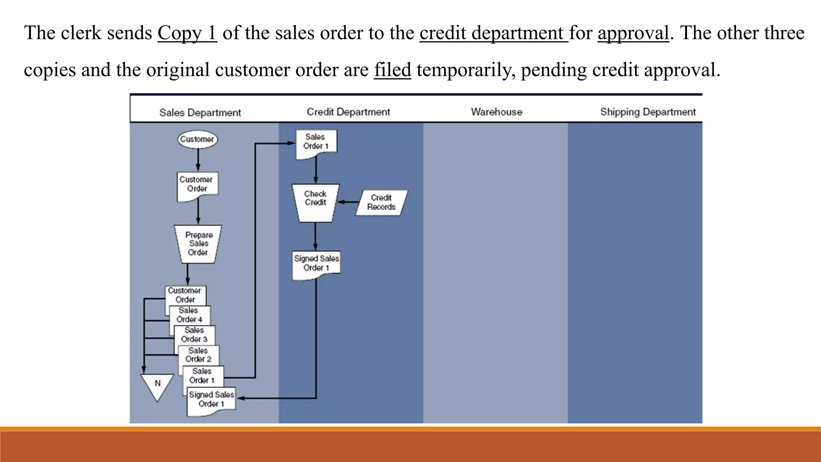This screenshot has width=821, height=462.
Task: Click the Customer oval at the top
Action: coord(197,139)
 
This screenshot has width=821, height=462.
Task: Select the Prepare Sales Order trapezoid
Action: coord(198,244)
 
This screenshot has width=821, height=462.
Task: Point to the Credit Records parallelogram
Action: coord(381,203)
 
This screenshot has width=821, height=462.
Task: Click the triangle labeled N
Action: coord(158,385)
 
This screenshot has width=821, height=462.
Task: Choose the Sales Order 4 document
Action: coord(190,315)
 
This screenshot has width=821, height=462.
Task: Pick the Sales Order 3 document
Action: coord(194,335)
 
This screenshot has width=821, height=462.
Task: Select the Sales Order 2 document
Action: coord(198,355)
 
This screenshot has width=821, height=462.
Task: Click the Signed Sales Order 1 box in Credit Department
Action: coord(316,263)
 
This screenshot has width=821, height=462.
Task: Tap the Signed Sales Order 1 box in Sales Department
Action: coord(212,400)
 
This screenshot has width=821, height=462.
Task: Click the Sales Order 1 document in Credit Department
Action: coord(316,142)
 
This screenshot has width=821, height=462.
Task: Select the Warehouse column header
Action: coord(496,112)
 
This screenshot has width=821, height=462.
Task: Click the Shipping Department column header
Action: coord(648,112)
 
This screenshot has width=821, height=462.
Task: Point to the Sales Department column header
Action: coord(200,113)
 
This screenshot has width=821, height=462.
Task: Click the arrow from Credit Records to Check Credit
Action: coord(348,202)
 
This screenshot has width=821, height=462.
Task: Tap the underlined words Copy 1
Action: coord(187,33)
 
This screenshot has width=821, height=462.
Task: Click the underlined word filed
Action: coord(392,70)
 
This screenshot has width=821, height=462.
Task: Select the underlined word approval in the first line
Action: coord(633,33)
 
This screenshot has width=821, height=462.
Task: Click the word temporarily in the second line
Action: coord(466,70)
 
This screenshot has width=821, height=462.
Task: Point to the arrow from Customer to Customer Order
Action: coord(198,160)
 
